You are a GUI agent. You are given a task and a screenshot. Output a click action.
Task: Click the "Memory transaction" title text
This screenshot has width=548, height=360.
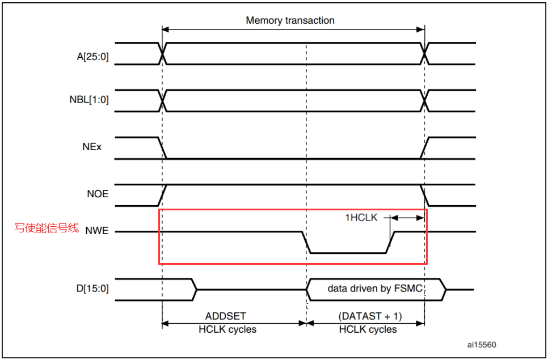[x=290, y=20]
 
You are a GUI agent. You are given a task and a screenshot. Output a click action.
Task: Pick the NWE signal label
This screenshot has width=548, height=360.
[x=98, y=231]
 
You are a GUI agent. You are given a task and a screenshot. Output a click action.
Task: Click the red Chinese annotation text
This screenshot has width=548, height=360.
[x=46, y=228]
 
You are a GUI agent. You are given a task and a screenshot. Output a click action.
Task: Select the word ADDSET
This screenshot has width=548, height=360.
[x=225, y=315]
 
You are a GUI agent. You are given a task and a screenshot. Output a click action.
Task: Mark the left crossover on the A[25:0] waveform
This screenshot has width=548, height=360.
[x=163, y=54]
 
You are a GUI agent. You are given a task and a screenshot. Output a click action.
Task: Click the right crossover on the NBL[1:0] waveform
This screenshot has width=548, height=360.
[x=424, y=100]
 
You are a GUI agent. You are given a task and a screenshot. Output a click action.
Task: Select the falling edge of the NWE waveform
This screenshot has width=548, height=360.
[x=306, y=242]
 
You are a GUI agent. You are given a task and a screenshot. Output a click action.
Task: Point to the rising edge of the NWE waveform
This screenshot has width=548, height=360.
[x=391, y=242]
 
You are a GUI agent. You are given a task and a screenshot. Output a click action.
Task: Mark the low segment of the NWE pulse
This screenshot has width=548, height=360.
[x=348, y=253]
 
